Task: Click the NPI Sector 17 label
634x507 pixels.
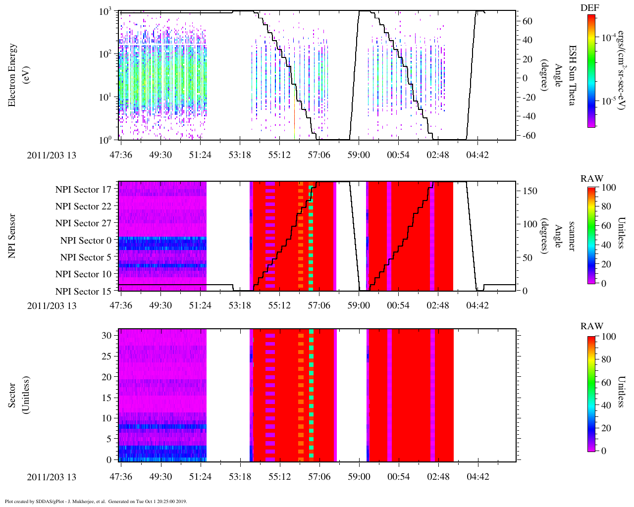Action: (83, 190)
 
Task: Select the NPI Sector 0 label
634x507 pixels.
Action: (86, 241)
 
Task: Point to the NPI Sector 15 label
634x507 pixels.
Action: (83, 292)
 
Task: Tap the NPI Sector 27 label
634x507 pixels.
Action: (83, 223)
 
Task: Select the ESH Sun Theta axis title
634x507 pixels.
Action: (572, 75)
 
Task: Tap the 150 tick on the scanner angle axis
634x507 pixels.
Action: (530, 191)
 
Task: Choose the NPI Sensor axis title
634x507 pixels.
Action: (12, 236)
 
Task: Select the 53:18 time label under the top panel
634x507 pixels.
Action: (240, 155)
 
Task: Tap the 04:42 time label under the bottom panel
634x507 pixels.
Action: (477, 477)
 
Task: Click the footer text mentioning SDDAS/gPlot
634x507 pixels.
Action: (96, 501)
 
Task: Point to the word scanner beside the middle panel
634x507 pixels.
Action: (572, 236)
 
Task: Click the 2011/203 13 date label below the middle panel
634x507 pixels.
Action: (52, 305)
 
